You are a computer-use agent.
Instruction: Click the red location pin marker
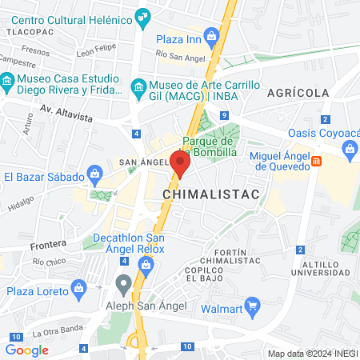point(180,163)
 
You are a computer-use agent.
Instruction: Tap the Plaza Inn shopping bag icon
point(211,35)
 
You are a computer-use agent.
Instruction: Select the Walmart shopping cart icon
point(253,304)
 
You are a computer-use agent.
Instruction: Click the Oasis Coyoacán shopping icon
point(349,148)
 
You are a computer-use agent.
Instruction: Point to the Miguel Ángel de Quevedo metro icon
point(317,162)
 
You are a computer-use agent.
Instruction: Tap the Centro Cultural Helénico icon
point(143,14)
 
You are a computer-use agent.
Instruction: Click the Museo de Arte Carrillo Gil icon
point(138,86)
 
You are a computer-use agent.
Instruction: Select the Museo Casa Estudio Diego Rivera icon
point(6,81)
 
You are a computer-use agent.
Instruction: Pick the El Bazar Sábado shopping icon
point(94,174)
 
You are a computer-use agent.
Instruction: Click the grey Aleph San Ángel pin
point(123,283)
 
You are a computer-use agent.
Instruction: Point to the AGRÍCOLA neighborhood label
point(298,93)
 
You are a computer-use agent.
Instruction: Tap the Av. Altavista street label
point(66,117)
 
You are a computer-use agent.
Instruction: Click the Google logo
point(27,350)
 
